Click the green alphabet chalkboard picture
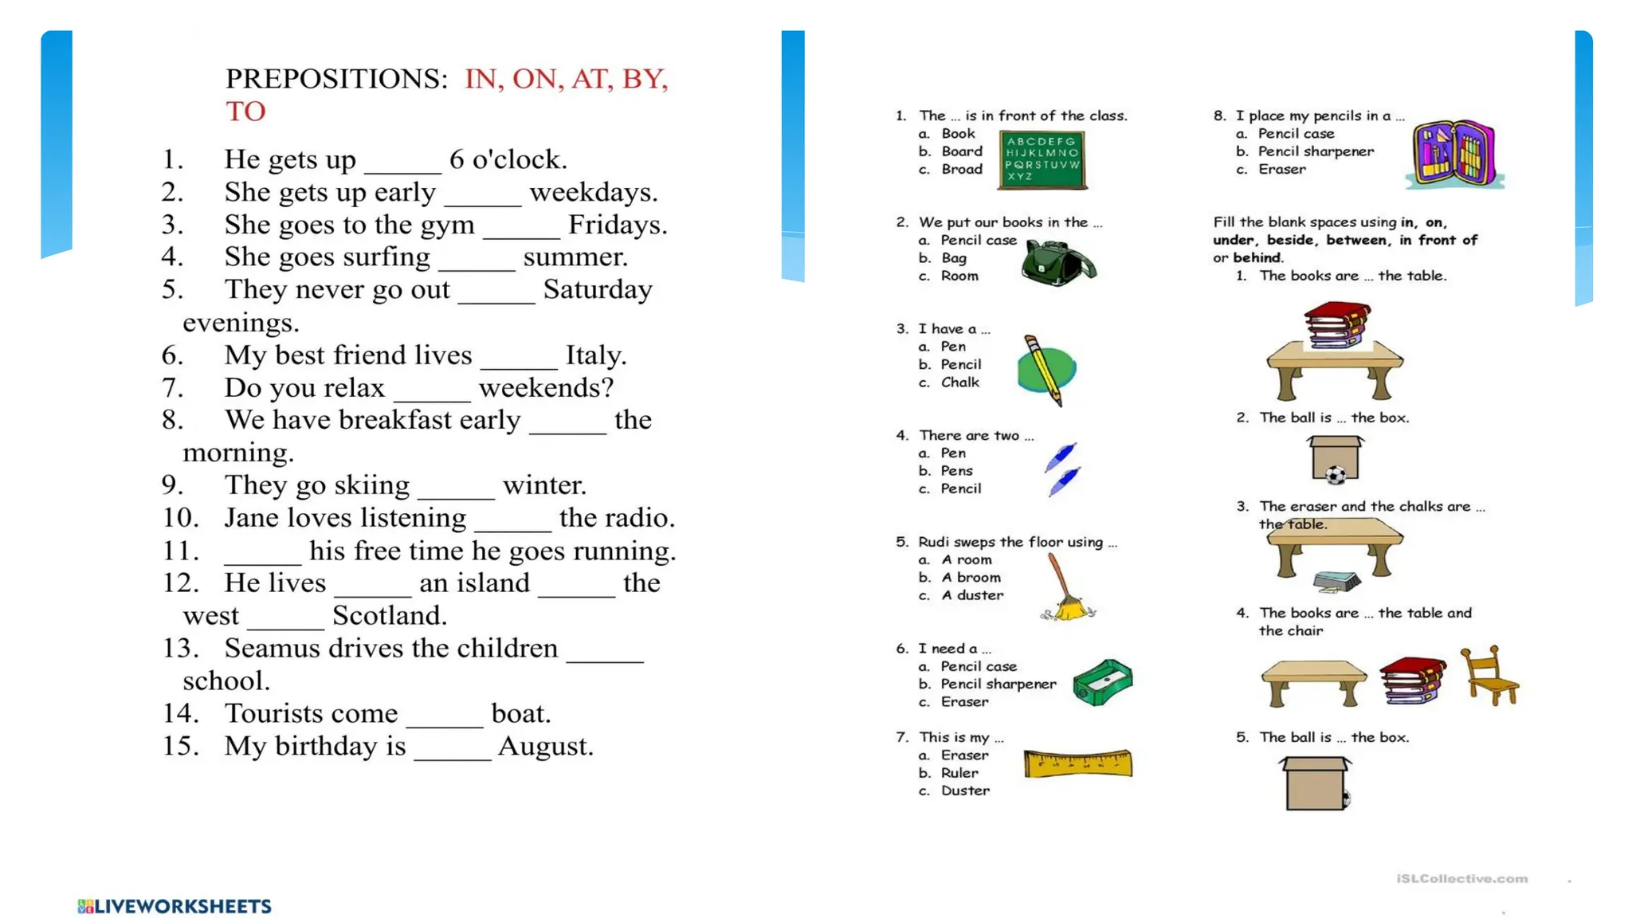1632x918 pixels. point(1042,161)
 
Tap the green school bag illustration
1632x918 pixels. point(1058,263)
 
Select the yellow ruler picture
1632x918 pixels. point(1077,763)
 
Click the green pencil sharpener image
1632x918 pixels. point(1103,682)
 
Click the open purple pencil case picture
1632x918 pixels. point(1454,153)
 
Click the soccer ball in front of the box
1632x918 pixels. point(1336,476)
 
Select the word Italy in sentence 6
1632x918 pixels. point(595,355)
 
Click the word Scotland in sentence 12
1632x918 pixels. point(390,615)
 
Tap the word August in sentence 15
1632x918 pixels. point(545,746)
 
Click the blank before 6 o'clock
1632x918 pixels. point(402,161)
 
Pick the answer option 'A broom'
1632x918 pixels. point(971,578)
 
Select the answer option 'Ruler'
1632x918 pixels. point(959,773)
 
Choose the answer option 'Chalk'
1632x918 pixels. point(959,382)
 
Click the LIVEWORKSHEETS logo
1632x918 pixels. point(175,906)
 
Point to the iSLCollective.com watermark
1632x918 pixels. point(1461,879)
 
